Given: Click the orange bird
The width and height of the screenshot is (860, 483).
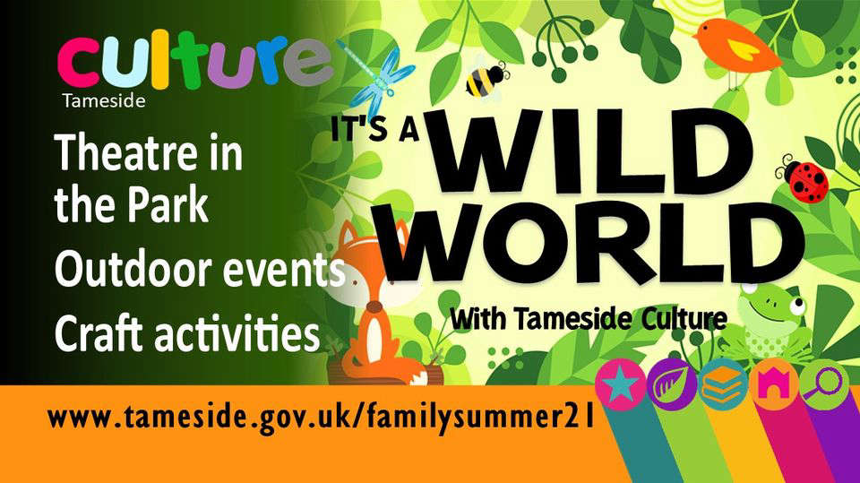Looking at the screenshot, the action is click(x=737, y=47).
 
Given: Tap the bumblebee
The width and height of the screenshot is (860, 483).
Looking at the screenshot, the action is click(x=485, y=82).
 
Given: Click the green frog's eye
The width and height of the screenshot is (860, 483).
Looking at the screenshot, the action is click(x=797, y=303).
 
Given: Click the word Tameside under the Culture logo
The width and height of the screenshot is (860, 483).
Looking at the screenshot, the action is click(x=104, y=101).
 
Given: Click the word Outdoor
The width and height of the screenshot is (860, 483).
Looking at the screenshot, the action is click(x=133, y=270).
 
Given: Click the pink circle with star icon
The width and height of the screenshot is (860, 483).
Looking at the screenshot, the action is click(x=620, y=384).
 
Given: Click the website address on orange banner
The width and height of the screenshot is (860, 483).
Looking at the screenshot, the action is click(x=322, y=418).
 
